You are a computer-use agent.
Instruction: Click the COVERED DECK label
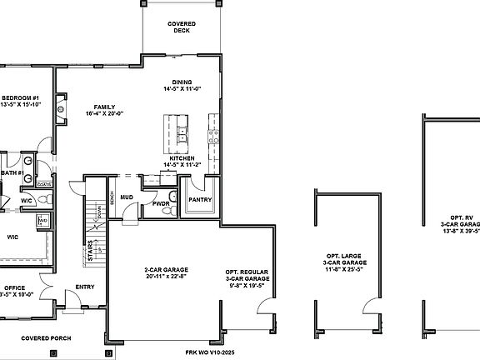[x=182, y=27]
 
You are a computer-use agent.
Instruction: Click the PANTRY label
[x=200, y=200]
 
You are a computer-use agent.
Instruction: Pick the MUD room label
[x=127, y=198]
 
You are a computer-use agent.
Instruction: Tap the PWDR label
[x=161, y=204]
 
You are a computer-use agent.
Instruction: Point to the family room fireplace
[x=60, y=106]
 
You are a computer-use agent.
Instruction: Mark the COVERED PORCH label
[x=47, y=338]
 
